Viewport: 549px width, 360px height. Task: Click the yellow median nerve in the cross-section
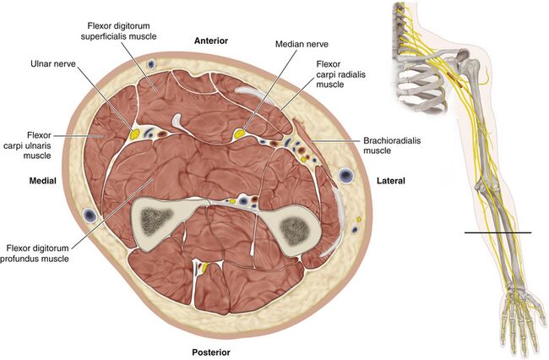click(x=240, y=133)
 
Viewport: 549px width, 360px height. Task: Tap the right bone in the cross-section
click(x=295, y=226)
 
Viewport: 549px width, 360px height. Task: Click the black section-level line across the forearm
click(x=497, y=232)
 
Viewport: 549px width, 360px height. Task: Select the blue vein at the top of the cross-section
click(x=149, y=64)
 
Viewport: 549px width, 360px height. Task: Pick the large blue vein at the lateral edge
click(x=346, y=175)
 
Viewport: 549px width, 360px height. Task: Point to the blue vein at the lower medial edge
click(x=89, y=218)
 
